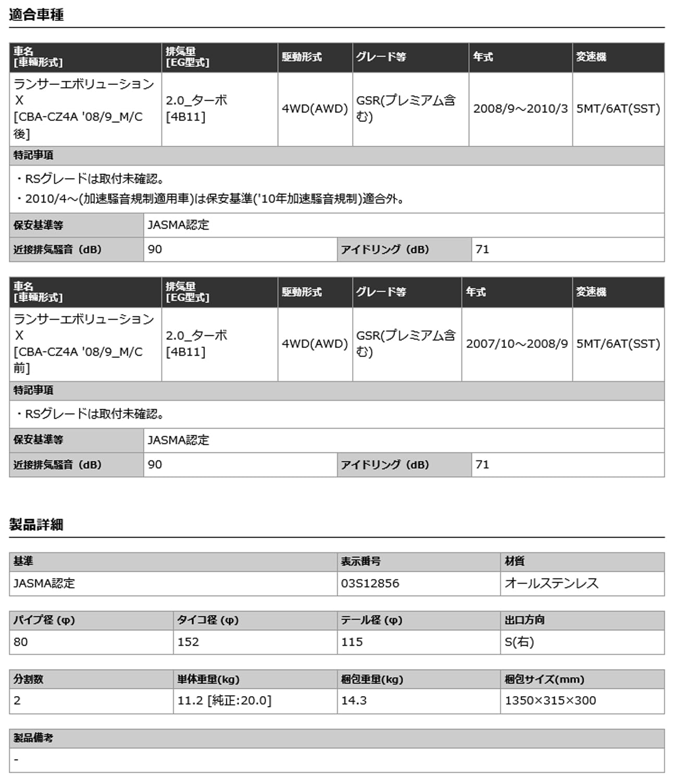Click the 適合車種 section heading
tap(36, 15)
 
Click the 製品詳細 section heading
tap(36, 524)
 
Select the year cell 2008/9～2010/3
tap(520, 109)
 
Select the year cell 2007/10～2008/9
tap(516, 344)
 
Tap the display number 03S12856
tap(370, 583)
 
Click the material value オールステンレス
tap(551, 583)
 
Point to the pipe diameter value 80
tap(21, 642)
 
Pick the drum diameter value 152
tap(188, 642)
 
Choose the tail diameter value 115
tap(352, 642)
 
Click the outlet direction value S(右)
tap(519, 642)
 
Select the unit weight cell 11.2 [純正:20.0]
tap(224, 701)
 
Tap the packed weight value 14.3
tap(354, 701)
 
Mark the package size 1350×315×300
tap(550, 701)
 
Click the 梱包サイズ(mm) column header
tap(544, 679)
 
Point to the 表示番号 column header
tap(360, 561)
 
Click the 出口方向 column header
tap(524, 620)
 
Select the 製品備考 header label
tap(33, 738)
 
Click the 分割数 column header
tap(29, 679)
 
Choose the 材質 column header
tap(515, 561)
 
